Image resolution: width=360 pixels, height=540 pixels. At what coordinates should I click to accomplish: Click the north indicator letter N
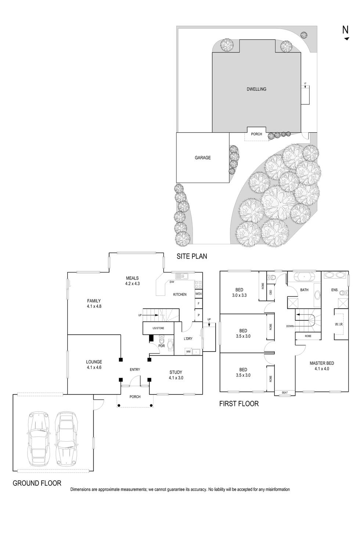(x=345, y=30)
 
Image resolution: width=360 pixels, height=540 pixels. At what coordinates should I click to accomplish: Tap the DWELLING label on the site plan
(x=256, y=89)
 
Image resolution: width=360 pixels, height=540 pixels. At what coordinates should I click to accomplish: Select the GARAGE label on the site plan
(x=202, y=158)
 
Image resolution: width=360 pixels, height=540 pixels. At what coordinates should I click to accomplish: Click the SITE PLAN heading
(x=191, y=256)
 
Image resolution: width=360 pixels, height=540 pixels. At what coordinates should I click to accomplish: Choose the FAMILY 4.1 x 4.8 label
(x=94, y=303)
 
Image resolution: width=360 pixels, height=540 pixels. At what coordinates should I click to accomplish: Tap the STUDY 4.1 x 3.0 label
(x=176, y=375)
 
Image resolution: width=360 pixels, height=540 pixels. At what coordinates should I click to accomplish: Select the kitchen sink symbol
(x=181, y=276)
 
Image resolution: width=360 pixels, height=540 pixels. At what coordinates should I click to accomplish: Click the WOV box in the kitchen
(x=198, y=294)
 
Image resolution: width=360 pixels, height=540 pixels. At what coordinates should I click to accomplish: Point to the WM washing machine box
(x=188, y=352)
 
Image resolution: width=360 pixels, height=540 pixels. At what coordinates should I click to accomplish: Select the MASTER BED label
(x=321, y=366)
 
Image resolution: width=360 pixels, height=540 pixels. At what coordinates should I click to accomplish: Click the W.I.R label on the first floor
(x=339, y=324)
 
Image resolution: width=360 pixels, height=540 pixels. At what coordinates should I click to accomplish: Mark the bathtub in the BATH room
(x=305, y=276)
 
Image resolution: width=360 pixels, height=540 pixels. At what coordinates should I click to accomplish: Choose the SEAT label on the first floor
(x=285, y=393)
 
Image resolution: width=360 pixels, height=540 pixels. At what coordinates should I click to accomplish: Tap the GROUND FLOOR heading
(x=37, y=483)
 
